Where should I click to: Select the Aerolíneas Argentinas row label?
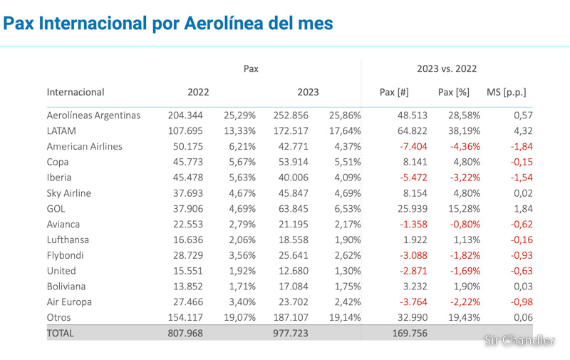tap(93, 115)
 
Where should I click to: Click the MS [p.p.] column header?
tap(506, 92)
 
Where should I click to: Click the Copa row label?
tap(58, 162)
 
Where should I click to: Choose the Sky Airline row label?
tap(75, 192)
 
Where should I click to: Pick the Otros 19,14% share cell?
tap(344, 317)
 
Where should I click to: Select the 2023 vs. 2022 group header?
tap(447, 69)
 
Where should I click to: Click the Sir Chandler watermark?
tap(519, 340)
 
